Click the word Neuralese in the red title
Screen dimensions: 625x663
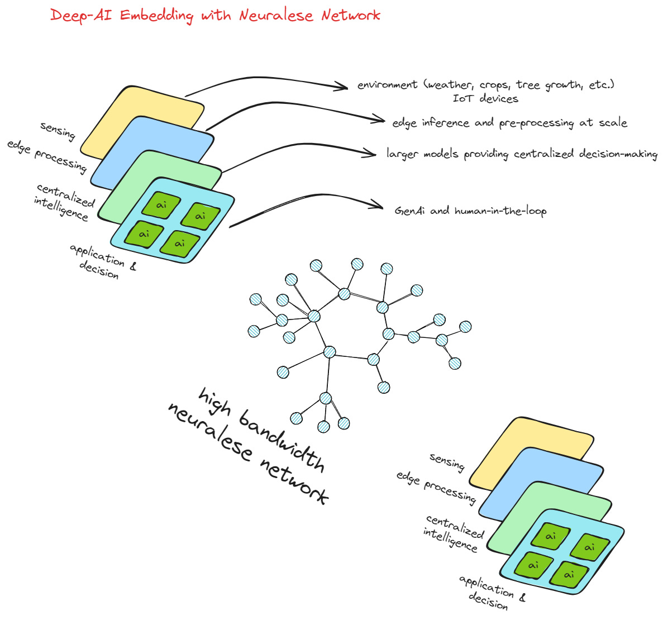click(x=276, y=15)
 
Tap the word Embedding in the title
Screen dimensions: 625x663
click(x=156, y=16)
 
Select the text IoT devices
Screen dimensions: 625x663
click(x=485, y=99)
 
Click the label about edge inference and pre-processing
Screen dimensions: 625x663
click(x=509, y=123)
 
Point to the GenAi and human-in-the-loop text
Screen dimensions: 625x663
click(x=470, y=211)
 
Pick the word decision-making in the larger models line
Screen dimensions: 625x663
click(x=618, y=154)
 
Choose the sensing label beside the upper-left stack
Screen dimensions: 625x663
click(x=58, y=131)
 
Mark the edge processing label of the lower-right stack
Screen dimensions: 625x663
click(x=436, y=486)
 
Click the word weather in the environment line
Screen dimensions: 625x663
click(x=449, y=85)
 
